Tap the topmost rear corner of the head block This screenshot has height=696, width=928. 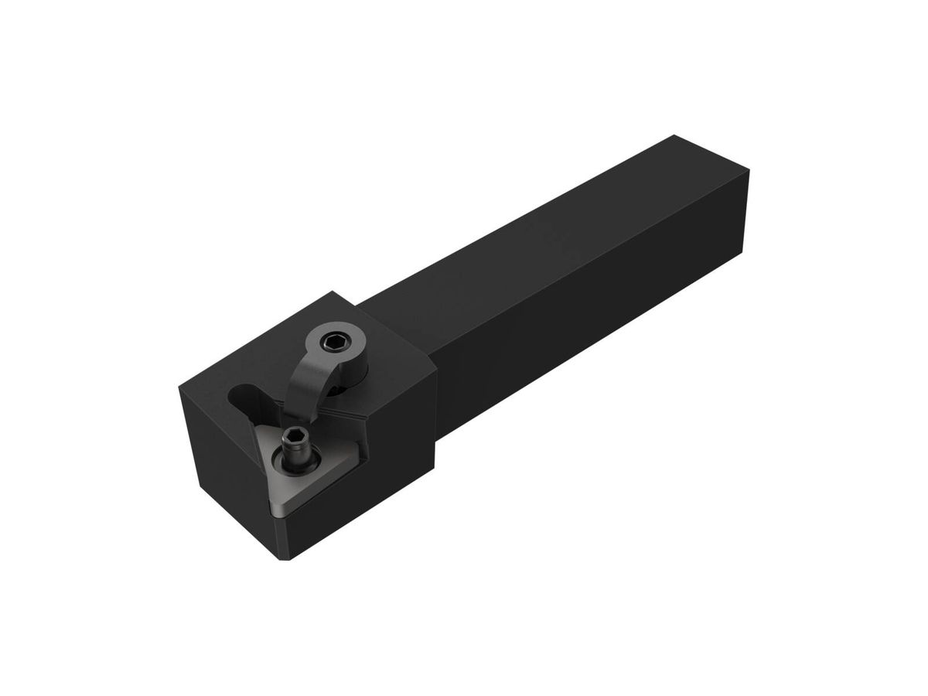tap(334, 292)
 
